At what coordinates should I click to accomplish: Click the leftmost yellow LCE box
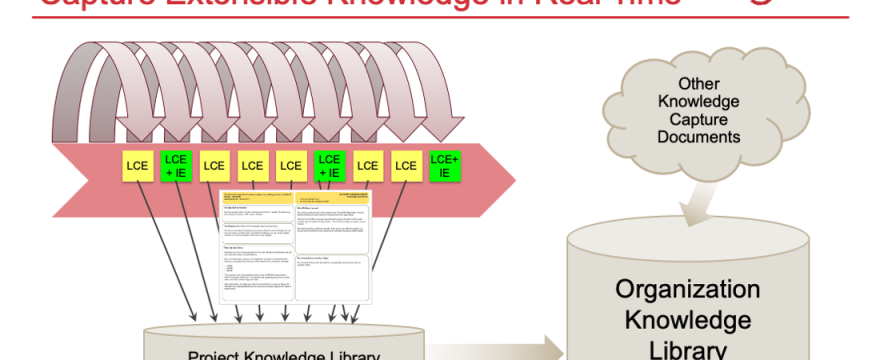point(137,165)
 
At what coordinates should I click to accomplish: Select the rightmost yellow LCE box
point(406,165)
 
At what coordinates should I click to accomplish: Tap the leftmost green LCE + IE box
point(175,165)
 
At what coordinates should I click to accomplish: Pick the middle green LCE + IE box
point(329,165)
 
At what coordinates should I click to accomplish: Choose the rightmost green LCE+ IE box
point(444,165)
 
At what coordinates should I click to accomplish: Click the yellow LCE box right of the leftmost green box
point(214,165)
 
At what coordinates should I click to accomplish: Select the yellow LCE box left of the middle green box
point(291,165)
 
